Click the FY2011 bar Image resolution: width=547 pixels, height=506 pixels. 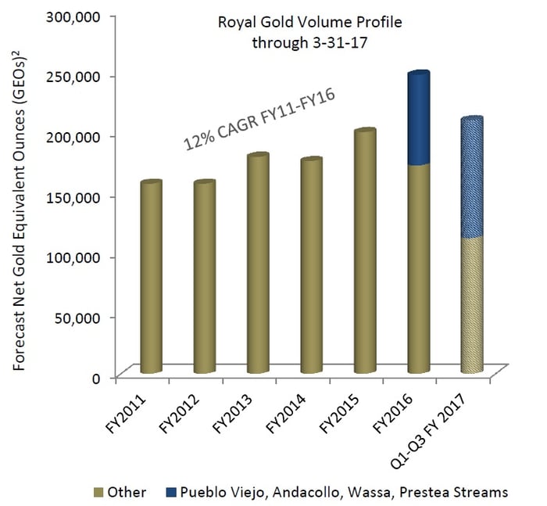151,278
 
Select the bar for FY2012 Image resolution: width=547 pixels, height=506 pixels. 203,278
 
